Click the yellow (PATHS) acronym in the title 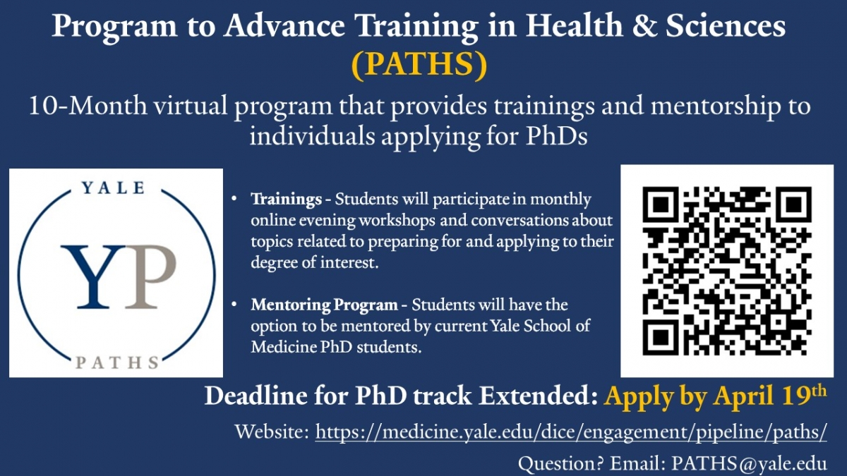click(420, 64)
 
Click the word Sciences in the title click(726, 26)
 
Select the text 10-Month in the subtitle click(88, 105)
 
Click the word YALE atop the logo click(114, 188)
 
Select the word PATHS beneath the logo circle click(118, 362)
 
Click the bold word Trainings click(287, 199)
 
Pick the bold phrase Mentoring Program click(324, 305)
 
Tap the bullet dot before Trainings click(234, 198)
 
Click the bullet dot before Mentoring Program click(234, 304)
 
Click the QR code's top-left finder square click(660, 205)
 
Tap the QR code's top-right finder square click(793, 205)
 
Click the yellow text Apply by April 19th click(715, 396)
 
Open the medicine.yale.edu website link click(571, 432)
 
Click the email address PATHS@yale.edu click(749, 464)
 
